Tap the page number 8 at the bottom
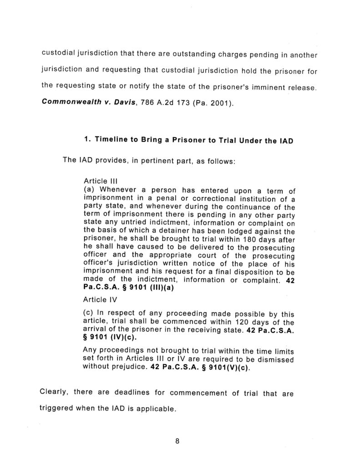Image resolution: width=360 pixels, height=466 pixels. pos(177,440)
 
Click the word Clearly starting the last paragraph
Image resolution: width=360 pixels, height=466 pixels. pos(56,392)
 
